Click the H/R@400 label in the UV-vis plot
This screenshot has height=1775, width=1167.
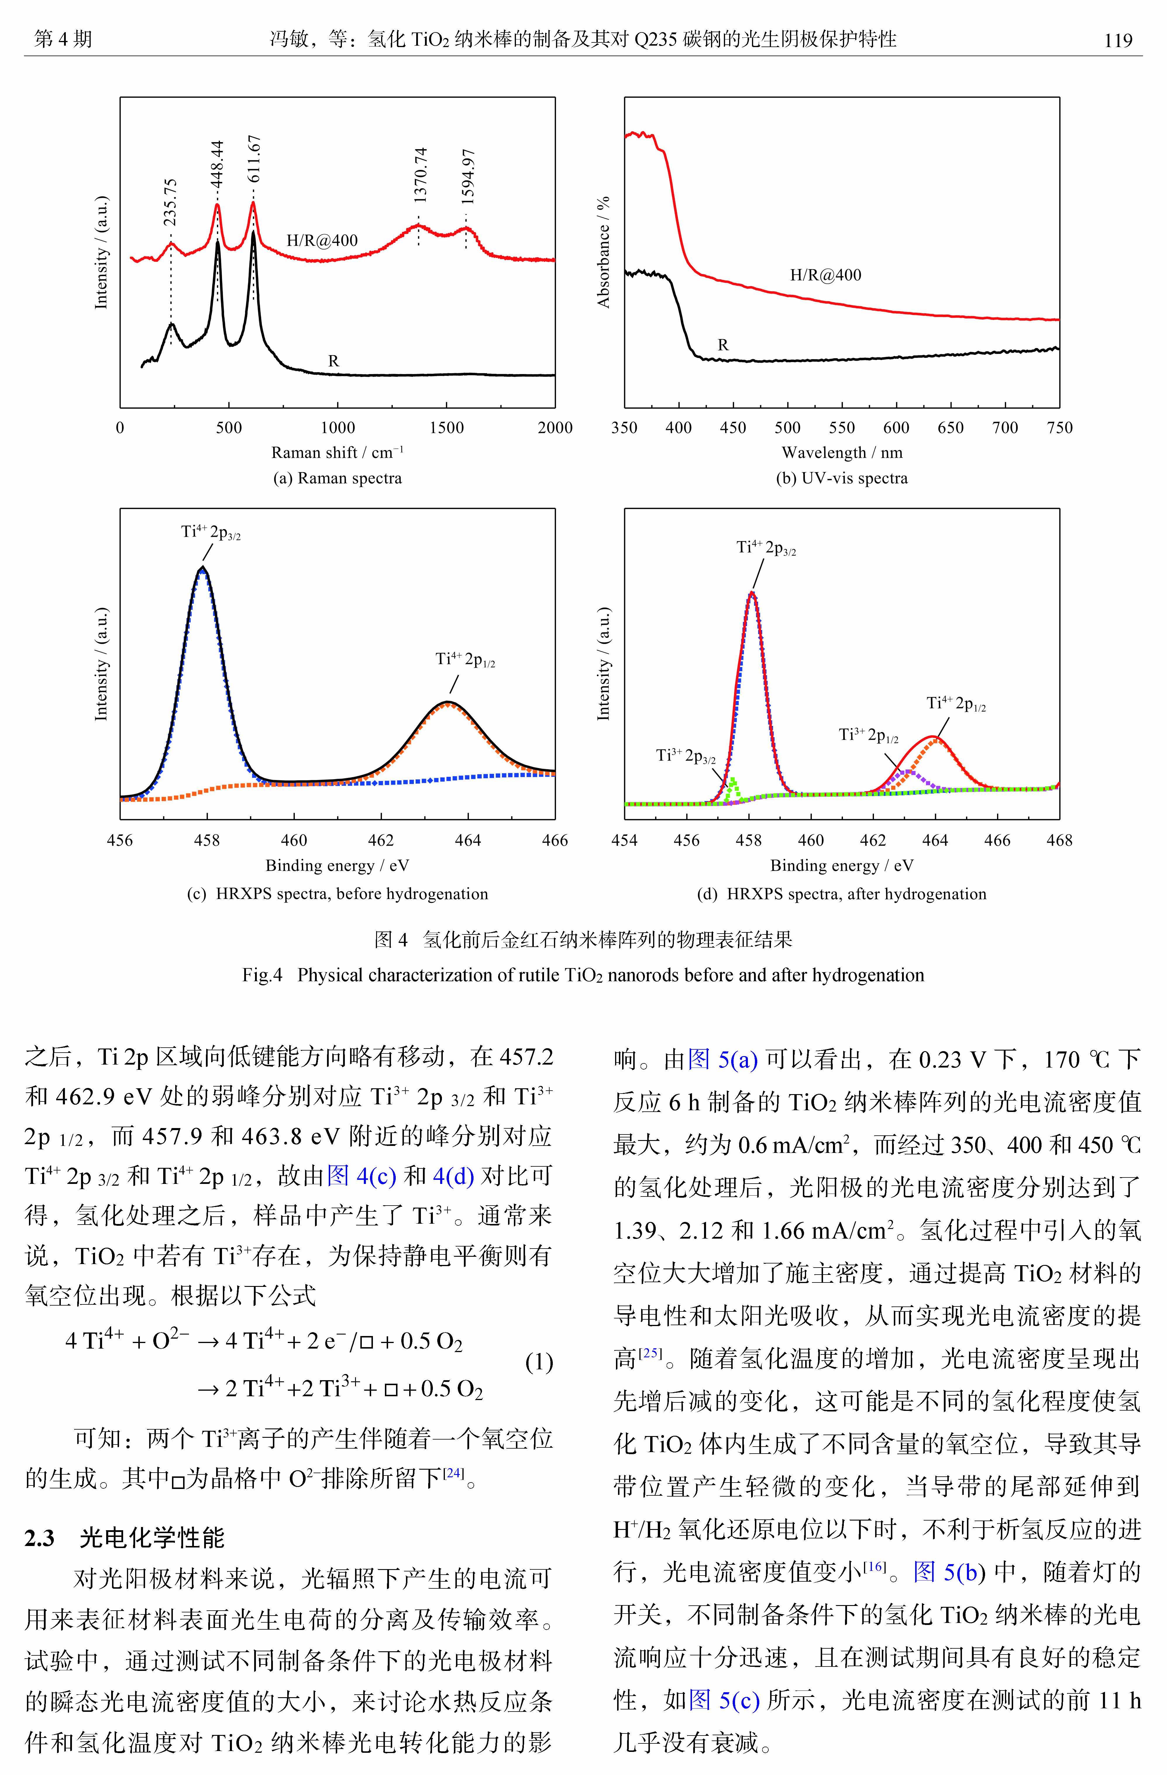[x=825, y=275]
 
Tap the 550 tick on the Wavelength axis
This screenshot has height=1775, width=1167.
[x=842, y=427]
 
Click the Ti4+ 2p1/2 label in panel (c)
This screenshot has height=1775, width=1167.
[x=465, y=659]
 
